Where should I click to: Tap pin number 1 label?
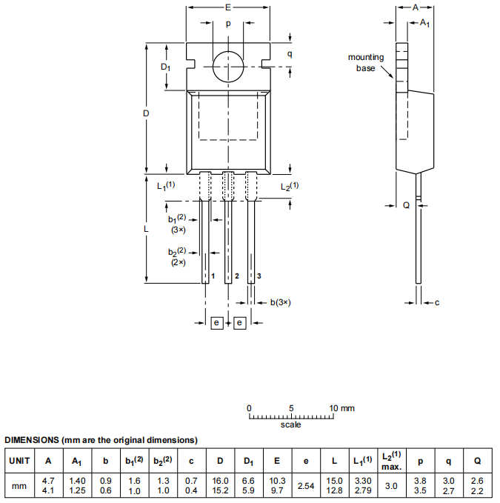pyautogui.click(x=213, y=276)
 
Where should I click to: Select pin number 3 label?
pyautogui.click(x=259, y=276)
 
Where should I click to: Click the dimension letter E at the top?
pyautogui.click(x=227, y=7)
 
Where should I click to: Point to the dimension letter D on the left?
pyautogui.click(x=146, y=113)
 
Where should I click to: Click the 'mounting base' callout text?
pyautogui.click(x=366, y=62)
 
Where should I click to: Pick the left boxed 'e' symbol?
pyautogui.click(x=216, y=323)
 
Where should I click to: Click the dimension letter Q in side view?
pyautogui.click(x=406, y=205)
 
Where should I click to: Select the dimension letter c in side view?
pyautogui.click(x=437, y=302)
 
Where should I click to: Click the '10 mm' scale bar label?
pyautogui.click(x=341, y=408)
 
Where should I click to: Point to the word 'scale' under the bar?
pyautogui.click(x=291, y=425)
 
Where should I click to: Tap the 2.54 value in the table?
pyautogui.click(x=306, y=485)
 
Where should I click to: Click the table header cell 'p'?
pyautogui.click(x=420, y=461)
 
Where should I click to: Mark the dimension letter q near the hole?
pyautogui.click(x=290, y=54)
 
